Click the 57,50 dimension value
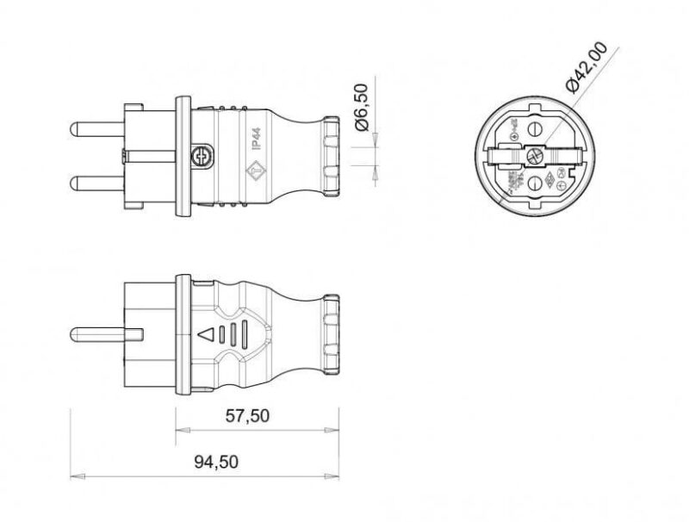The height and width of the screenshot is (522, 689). tap(247, 416)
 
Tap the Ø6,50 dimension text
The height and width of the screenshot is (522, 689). tap(362, 107)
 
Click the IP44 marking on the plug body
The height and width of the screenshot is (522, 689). tap(257, 139)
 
